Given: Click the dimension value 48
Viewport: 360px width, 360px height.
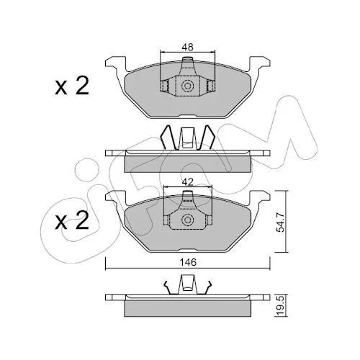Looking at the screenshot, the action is tap(187, 47).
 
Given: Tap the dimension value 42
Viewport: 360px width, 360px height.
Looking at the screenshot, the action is tap(187, 182).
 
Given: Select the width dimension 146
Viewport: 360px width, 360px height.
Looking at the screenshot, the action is tap(188, 262).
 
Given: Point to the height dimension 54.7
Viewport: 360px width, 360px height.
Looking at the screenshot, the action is tap(280, 222).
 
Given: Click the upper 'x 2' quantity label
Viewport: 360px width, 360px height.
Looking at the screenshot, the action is tap(72, 86).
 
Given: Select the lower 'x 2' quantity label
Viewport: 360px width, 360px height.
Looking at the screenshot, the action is tap(72, 220).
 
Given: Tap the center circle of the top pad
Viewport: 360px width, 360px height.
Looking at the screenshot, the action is tap(187, 86).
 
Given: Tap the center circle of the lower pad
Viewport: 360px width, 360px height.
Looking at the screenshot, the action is tap(187, 220).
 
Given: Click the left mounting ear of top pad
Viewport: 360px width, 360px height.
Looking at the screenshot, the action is tap(116, 63).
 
